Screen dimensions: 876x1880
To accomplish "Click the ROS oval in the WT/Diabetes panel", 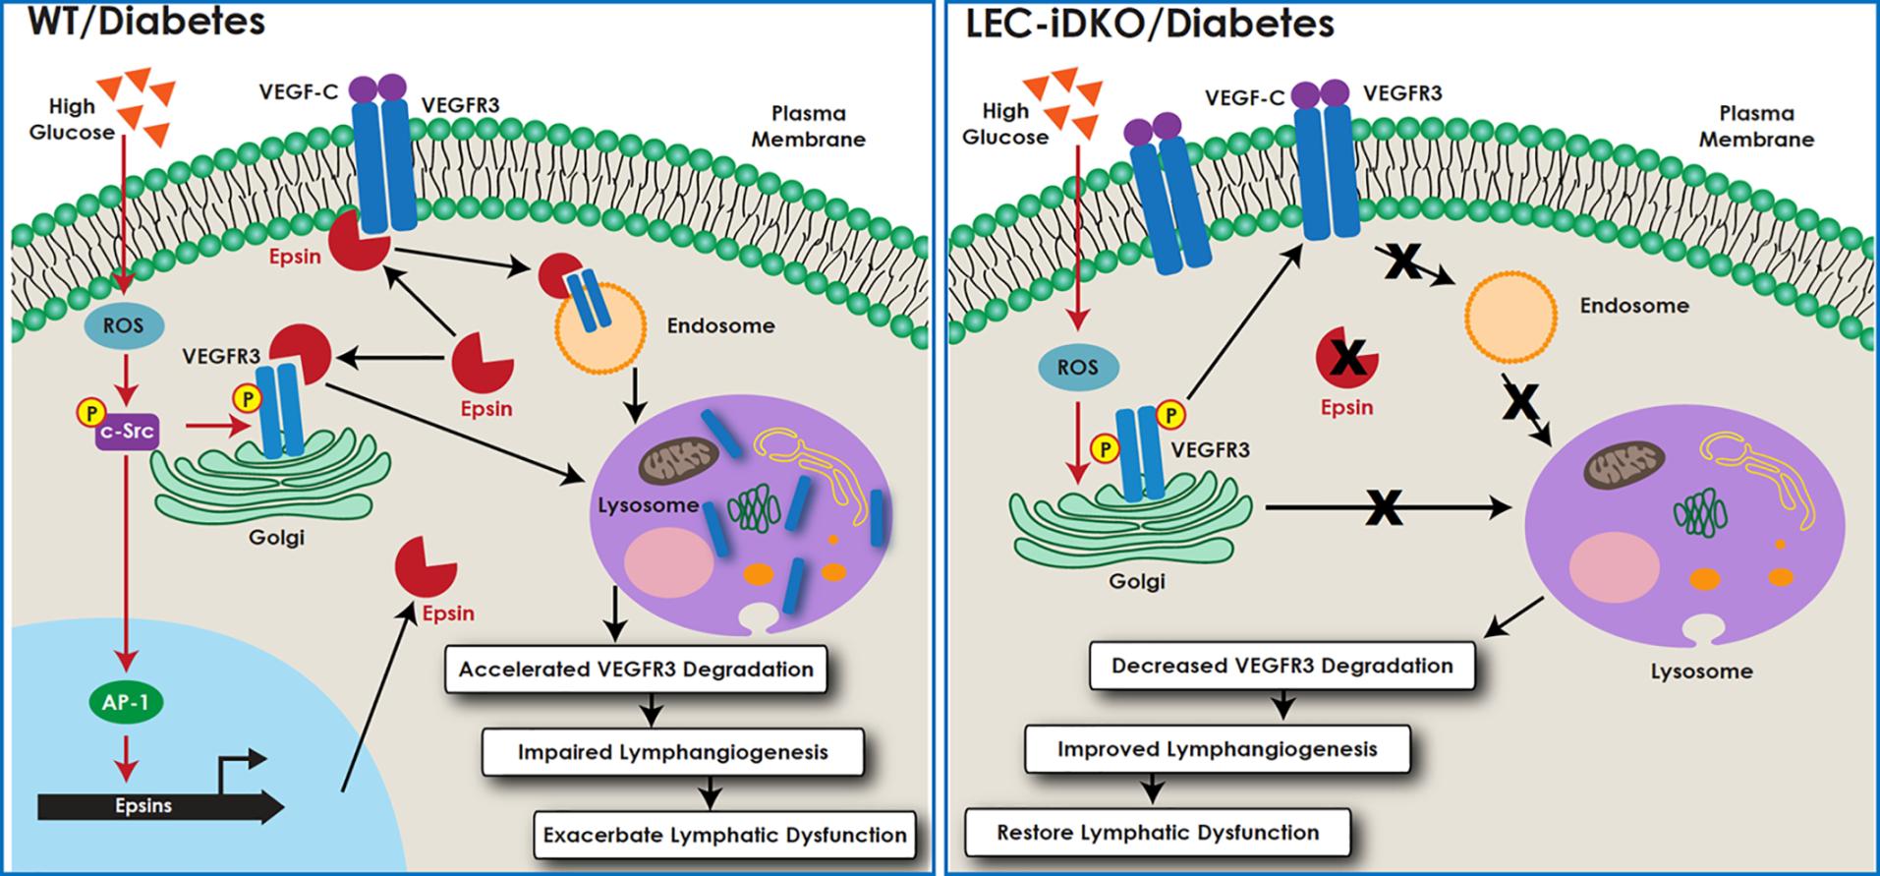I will [x=124, y=325].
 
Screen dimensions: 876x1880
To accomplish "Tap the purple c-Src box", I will [x=127, y=432].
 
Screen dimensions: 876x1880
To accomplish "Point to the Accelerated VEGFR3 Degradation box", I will [x=636, y=670].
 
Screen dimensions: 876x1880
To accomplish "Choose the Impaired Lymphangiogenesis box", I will [x=672, y=752].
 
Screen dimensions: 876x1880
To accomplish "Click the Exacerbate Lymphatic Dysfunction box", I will [x=724, y=836].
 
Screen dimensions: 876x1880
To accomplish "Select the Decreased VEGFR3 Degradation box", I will [x=1282, y=666].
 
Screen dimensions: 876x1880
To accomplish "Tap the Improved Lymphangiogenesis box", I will [x=1217, y=749].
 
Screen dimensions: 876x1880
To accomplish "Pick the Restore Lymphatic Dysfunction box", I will [x=1157, y=833].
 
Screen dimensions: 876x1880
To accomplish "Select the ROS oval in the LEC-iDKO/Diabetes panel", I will [x=1078, y=368].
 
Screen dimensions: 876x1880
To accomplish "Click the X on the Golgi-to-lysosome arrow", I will [x=1384, y=507].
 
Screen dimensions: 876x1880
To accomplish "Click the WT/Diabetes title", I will [x=144, y=22].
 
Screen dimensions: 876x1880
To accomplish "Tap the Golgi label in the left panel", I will [x=276, y=537].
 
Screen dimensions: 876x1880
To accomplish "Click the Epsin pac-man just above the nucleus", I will [x=425, y=567].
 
